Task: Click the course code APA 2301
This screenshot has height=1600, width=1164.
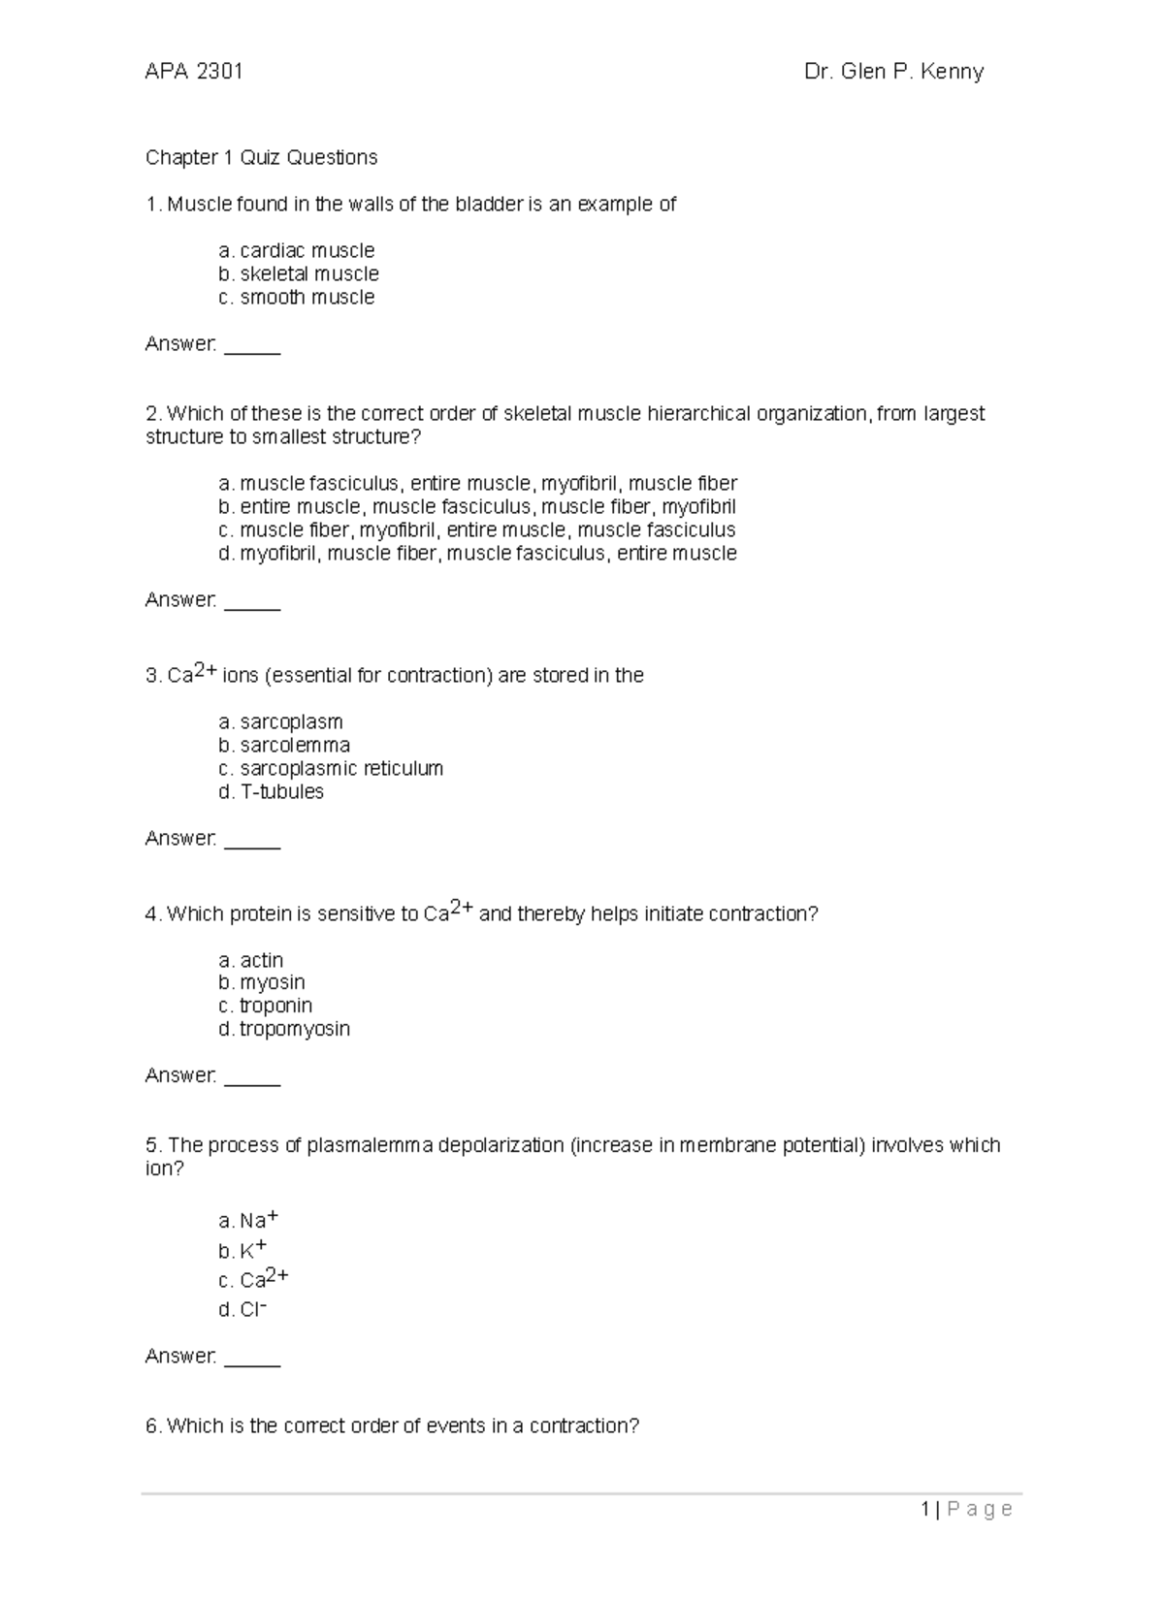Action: point(193,72)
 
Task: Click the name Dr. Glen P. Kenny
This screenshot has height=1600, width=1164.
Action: point(893,72)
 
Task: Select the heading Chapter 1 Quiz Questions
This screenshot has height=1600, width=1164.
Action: point(261,157)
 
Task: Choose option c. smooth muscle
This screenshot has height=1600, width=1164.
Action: point(297,298)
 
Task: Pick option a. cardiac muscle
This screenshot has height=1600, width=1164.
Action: point(297,251)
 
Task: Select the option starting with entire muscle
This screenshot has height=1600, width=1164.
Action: point(477,507)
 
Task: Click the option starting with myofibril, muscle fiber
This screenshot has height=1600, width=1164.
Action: point(477,554)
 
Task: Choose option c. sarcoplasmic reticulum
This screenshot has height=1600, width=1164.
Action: point(331,769)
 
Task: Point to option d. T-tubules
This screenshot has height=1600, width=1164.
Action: point(272,792)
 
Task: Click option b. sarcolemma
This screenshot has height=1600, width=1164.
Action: point(284,746)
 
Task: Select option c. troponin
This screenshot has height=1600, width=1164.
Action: point(266,1006)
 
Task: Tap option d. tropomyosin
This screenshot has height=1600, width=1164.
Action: point(284,1029)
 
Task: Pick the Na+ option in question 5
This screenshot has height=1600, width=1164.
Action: point(249,1220)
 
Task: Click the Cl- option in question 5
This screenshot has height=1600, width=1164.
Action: point(243,1310)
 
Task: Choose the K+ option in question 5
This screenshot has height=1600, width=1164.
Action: point(243,1251)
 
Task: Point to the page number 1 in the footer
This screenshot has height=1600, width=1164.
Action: point(926,1509)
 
